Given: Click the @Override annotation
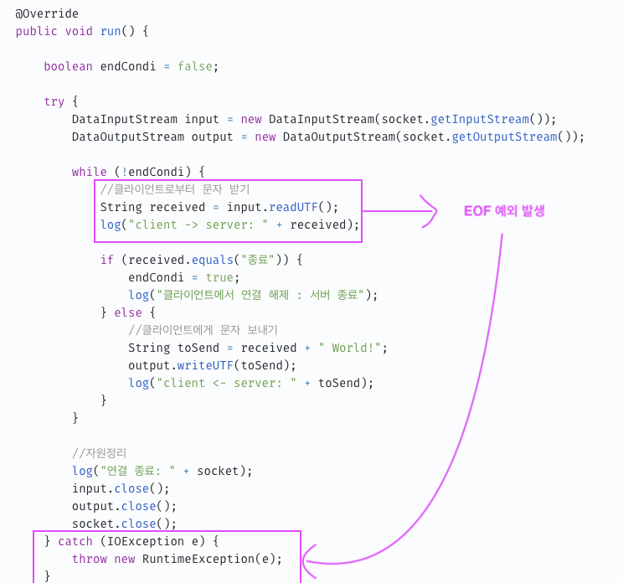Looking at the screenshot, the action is pyautogui.click(x=47, y=13).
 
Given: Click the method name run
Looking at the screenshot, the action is pyautogui.click(x=111, y=31).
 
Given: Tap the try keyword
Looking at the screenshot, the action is pyautogui.click(x=54, y=101).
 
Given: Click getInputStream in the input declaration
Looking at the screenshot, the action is pyautogui.click(x=480, y=119).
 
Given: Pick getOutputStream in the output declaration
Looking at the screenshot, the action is pyautogui.click(x=505, y=137).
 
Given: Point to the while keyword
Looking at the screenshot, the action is pyautogui.click(x=90, y=172).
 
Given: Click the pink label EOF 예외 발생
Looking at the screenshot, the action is pyautogui.click(x=504, y=211).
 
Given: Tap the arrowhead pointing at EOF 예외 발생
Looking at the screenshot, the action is pyautogui.click(x=430, y=211).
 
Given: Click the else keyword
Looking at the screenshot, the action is pyautogui.click(x=136, y=312).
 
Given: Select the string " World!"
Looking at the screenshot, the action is pyautogui.click(x=350, y=348).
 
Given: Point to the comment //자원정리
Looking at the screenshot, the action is pyautogui.click(x=100, y=453).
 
